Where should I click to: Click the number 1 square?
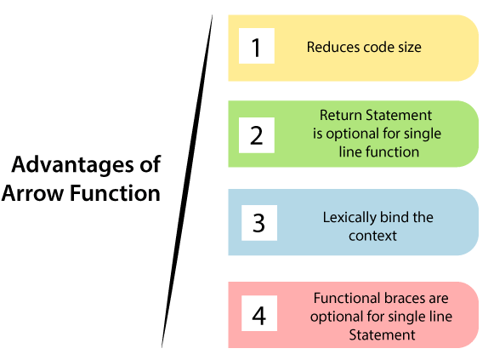click(x=257, y=46)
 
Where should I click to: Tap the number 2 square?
click(x=257, y=135)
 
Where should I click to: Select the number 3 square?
click(x=259, y=223)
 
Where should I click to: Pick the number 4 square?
click(x=259, y=313)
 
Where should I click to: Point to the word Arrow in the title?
click(x=32, y=193)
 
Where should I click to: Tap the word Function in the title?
click(x=115, y=192)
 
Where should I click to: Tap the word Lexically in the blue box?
click(x=349, y=218)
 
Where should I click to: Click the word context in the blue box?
click(x=372, y=236)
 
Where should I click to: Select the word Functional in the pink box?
click(x=346, y=298)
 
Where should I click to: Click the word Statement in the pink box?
click(x=382, y=334)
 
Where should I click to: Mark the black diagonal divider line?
click(x=187, y=181)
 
